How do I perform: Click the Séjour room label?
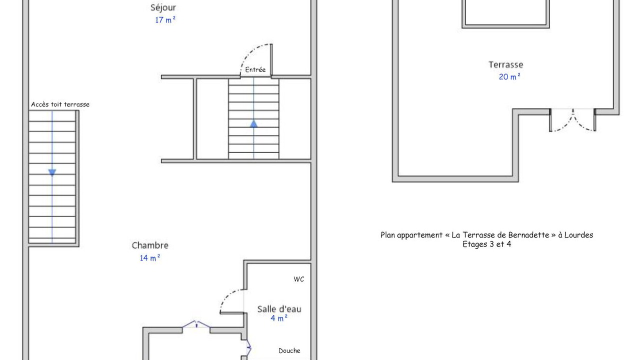point(163,7)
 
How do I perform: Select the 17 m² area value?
point(165,20)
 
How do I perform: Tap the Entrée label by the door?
point(255,69)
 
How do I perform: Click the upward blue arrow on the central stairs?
point(253,123)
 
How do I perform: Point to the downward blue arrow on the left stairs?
point(52,172)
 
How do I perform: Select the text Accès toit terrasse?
point(60,104)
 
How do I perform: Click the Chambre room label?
point(150,245)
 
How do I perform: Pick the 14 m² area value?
point(149,258)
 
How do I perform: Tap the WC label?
point(298,279)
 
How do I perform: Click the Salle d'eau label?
point(279,309)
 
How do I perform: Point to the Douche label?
point(289,350)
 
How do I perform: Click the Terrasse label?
point(505,64)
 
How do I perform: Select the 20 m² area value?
point(509,77)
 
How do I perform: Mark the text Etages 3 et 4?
point(486,244)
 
